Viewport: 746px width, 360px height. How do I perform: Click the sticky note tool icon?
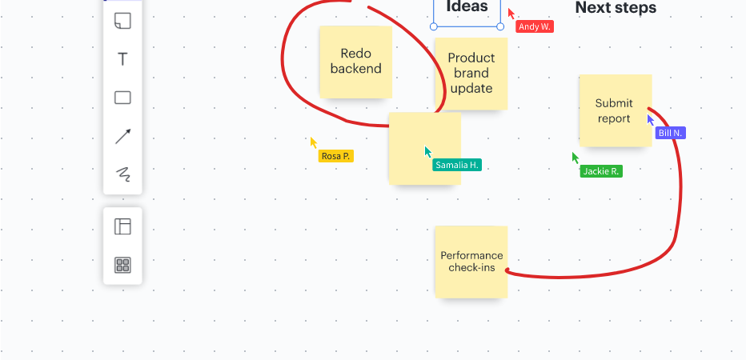tap(122, 21)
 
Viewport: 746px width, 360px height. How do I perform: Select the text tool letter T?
tap(122, 59)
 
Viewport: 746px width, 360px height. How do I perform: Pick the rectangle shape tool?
tap(122, 98)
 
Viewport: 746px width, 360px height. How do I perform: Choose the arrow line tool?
tap(122, 137)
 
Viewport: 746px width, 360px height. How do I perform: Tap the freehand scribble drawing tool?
tap(123, 174)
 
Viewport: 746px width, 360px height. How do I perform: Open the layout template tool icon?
tap(122, 226)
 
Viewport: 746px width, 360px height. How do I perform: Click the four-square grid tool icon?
tap(122, 265)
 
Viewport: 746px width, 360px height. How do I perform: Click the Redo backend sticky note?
tap(356, 62)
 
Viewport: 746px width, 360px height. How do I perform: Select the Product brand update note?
tap(471, 74)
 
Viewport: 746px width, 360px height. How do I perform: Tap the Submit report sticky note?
tap(616, 110)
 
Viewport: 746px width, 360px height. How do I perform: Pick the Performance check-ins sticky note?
tap(471, 262)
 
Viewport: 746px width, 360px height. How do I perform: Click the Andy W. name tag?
tap(535, 26)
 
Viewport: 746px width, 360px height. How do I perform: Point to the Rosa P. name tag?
tap(336, 156)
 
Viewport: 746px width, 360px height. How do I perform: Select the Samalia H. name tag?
tap(457, 165)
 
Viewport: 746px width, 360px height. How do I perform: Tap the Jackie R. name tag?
tap(601, 171)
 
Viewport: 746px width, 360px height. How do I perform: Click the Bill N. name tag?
tap(670, 133)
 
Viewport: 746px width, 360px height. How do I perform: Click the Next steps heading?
tap(616, 8)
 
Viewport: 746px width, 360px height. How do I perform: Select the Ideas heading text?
tap(467, 6)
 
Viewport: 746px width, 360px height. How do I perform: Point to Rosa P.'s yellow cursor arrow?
tap(313, 142)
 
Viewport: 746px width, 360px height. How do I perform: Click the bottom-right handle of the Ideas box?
tap(500, 26)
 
